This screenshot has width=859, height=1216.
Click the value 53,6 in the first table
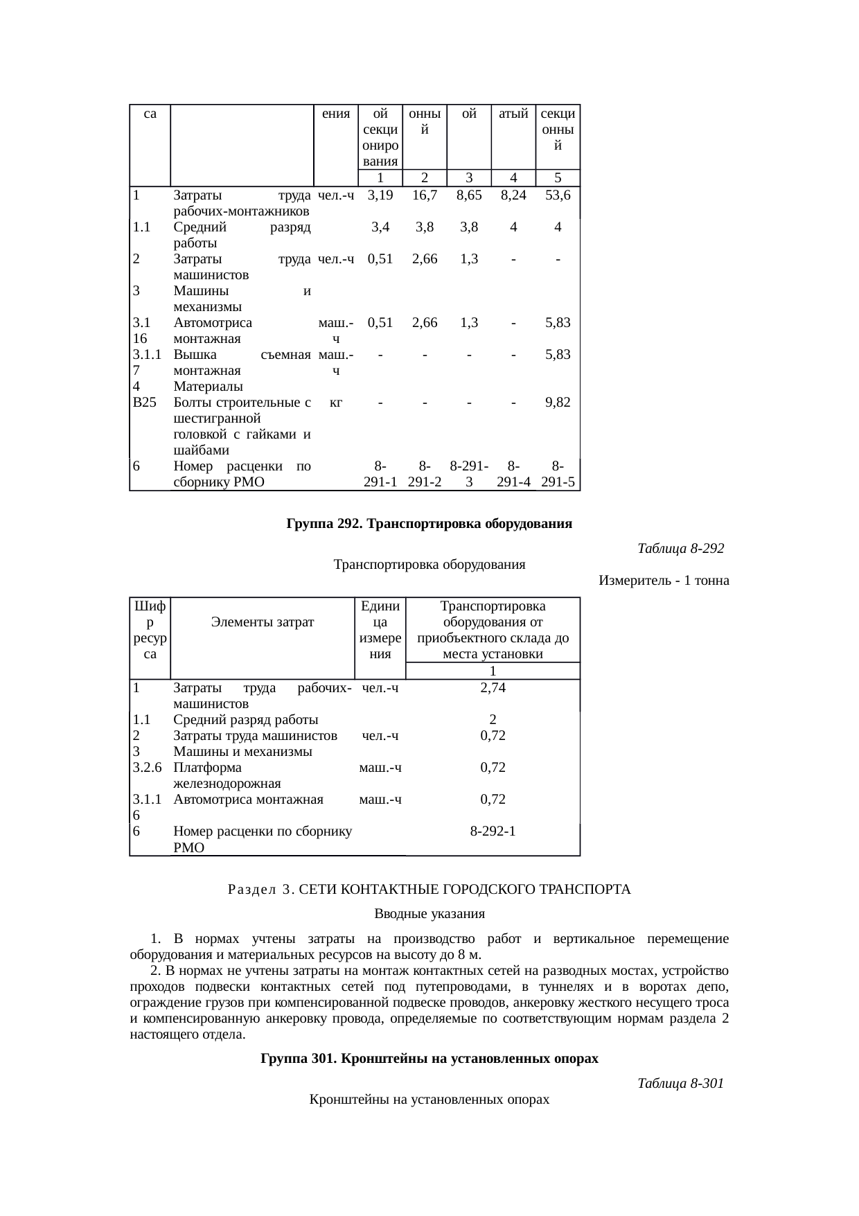557,195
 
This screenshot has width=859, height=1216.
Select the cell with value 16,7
424,195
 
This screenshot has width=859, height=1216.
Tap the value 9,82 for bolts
557,402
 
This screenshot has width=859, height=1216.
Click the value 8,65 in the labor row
469,195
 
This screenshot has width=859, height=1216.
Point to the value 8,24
513,195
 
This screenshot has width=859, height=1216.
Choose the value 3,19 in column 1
380,195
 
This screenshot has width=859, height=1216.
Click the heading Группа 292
429,523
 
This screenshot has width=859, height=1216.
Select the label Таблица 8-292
680,548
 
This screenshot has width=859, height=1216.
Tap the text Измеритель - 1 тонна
663,580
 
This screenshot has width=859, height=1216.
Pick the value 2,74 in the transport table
493,687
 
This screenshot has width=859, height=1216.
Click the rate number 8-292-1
493,831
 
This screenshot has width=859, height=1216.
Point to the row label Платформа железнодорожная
227,775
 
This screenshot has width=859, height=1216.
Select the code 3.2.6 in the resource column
147,767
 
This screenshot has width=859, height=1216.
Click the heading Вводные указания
429,913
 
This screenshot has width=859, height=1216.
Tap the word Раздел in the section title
251,889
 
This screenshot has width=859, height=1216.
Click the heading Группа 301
429,1059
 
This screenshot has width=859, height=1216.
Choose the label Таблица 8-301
680,1082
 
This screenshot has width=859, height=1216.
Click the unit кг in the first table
335,402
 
